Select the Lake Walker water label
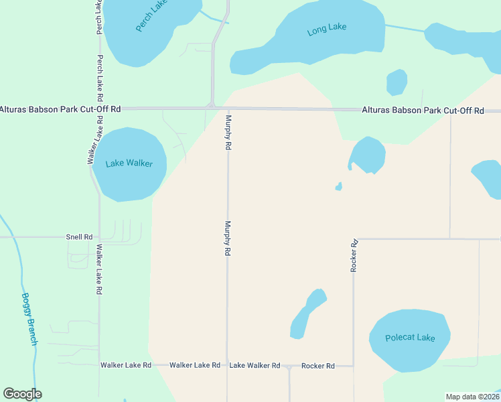(x=129, y=163)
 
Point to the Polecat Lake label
(x=410, y=338)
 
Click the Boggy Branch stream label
(x=29, y=319)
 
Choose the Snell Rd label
(x=79, y=237)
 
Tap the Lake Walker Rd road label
(x=255, y=365)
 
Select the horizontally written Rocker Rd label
(x=318, y=366)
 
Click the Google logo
(x=22, y=394)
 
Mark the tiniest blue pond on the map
(x=339, y=186)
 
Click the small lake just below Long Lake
(x=397, y=82)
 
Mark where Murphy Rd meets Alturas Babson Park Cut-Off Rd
(x=228, y=109)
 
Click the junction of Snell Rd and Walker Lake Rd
(x=99, y=237)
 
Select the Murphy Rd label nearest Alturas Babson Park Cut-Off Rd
(x=228, y=132)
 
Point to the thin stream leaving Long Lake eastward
(x=405, y=28)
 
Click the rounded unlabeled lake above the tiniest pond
(x=368, y=155)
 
